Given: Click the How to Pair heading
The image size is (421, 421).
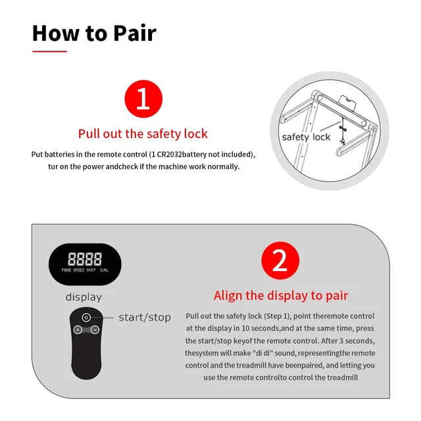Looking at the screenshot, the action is click(x=94, y=33).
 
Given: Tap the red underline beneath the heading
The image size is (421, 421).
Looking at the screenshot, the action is click(x=50, y=51).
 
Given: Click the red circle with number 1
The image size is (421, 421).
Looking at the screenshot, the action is click(x=143, y=99).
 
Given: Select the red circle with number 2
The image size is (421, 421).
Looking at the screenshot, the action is click(x=280, y=260).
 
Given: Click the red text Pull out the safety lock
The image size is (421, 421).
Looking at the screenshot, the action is click(x=143, y=134).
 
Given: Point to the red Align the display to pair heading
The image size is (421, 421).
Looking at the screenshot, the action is click(x=281, y=295).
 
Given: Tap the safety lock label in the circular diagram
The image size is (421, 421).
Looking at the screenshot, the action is click(x=306, y=137).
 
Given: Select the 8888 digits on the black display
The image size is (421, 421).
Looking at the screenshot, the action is click(x=85, y=259).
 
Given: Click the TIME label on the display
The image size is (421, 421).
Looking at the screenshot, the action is click(x=66, y=270).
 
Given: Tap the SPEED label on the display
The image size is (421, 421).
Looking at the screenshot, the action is click(x=79, y=270).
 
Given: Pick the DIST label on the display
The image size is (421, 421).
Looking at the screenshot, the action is click(x=91, y=270).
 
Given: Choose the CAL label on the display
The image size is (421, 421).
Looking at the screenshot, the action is click(x=104, y=270).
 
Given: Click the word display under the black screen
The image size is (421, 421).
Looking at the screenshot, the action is click(x=84, y=297).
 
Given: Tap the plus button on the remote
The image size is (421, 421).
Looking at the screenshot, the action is click(x=78, y=330).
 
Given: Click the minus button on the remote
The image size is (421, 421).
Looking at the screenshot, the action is click(x=95, y=330).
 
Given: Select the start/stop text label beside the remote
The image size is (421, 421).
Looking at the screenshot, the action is click(x=145, y=317).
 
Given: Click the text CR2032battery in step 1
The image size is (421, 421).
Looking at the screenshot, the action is click(x=182, y=155).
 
